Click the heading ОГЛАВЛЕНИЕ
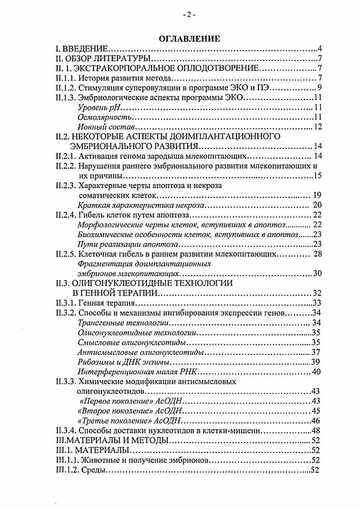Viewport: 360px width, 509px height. [190, 39]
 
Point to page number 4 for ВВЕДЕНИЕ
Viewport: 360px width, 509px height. [320, 49]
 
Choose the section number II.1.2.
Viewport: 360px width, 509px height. [64, 88]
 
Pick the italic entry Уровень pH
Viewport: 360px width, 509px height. [97, 107]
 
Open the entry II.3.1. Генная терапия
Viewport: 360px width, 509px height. [95, 303]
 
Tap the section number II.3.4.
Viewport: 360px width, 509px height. [64, 430]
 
